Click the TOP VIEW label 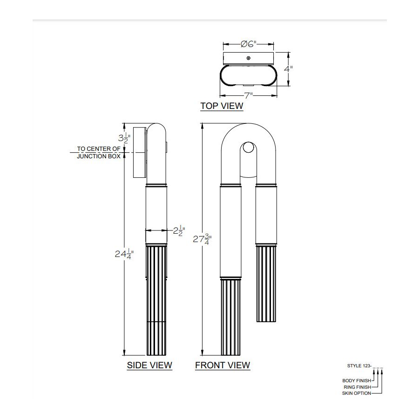(222, 106)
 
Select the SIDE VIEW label (149, 365)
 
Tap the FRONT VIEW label (223, 365)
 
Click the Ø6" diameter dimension (249, 44)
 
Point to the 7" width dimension (249, 95)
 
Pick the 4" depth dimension (288, 69)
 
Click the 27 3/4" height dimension (203, 239)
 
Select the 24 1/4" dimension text (124, 254)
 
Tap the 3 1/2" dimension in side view (124, 138)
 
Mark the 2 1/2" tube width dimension (179, 230)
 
